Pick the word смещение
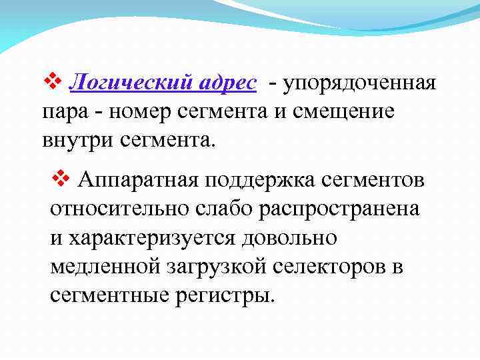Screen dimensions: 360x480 (347, 113)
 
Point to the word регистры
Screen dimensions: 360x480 (223, 296)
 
